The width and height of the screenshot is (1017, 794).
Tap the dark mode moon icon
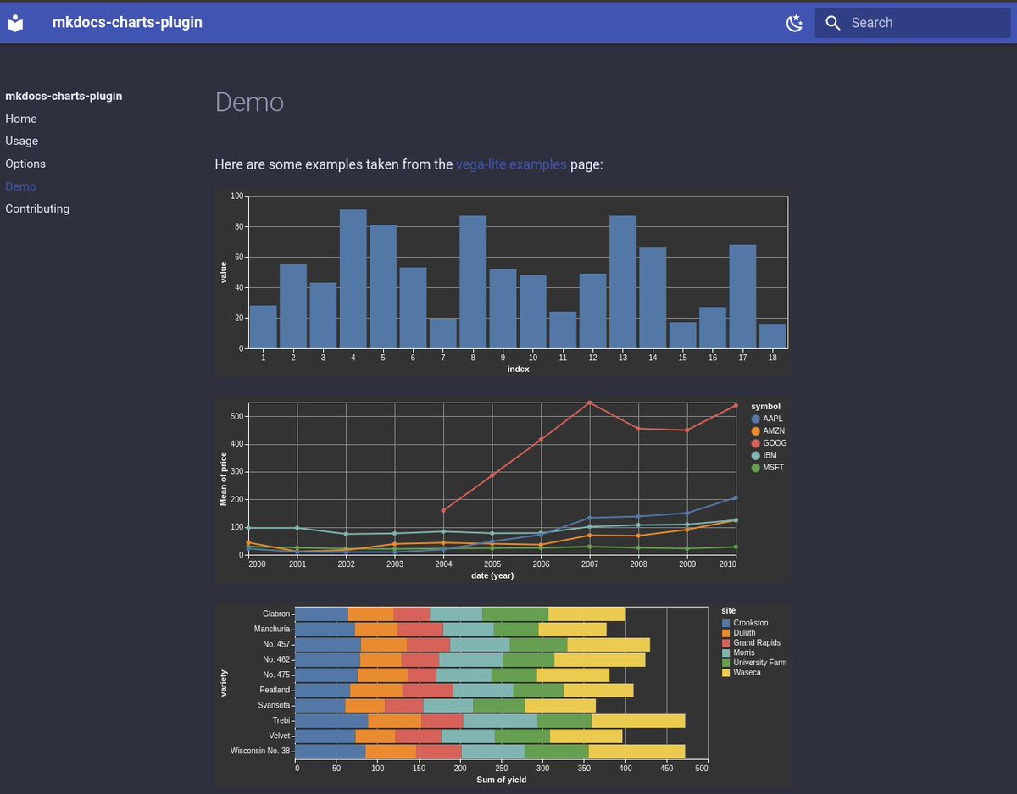(x=794, y=23)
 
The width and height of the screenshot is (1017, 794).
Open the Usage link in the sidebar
(x=21, y=141)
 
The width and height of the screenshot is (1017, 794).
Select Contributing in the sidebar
(x=37, y=208)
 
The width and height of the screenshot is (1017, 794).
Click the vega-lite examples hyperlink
(x=511, y=164)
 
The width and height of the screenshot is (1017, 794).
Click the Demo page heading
(x=249, y=102)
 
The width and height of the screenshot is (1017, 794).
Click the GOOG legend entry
(x=774, y=443)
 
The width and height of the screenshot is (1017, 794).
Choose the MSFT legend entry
(x=774, y=468)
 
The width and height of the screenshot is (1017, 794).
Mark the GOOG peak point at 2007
(x=589, y=403)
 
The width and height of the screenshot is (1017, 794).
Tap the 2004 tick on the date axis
(x=443, y=564)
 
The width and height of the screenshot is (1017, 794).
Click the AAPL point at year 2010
(x=735, y=498)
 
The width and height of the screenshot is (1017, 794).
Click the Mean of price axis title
(x=224, y=479)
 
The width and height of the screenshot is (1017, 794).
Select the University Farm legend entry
(x=759, y=663)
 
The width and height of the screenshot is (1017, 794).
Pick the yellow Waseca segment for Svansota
(x=560, y=705)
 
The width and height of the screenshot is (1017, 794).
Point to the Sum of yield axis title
(x=501, y=780)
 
